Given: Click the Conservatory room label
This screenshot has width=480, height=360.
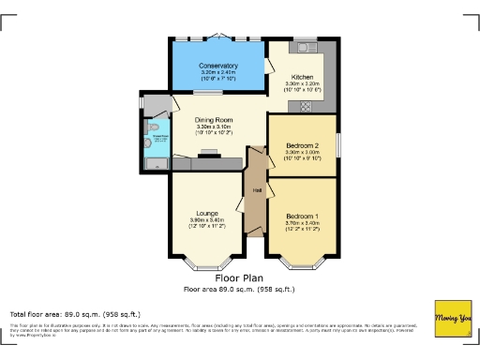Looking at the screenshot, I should (218, 66).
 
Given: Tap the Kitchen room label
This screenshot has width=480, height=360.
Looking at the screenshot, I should (301, 77).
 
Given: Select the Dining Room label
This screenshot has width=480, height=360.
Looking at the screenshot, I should (215, 121).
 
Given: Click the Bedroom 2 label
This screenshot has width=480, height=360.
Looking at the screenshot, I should (302, 146).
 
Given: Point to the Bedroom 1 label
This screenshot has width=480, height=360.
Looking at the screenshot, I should (302, 216).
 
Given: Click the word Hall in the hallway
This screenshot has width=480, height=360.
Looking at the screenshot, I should (255, 191).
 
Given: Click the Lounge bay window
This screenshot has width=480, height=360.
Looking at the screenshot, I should (206, 262).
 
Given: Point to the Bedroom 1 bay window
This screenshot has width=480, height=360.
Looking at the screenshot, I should (302, 262).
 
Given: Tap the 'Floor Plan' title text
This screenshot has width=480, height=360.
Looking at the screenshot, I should (239, 278).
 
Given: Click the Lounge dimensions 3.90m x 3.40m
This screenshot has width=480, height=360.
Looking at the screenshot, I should (207, 220).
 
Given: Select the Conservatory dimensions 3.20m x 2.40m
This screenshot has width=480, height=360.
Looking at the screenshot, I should (218, 72).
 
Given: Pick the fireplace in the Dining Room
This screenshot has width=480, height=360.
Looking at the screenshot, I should (208, 155).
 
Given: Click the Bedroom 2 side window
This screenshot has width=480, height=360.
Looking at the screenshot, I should (338, 146).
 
